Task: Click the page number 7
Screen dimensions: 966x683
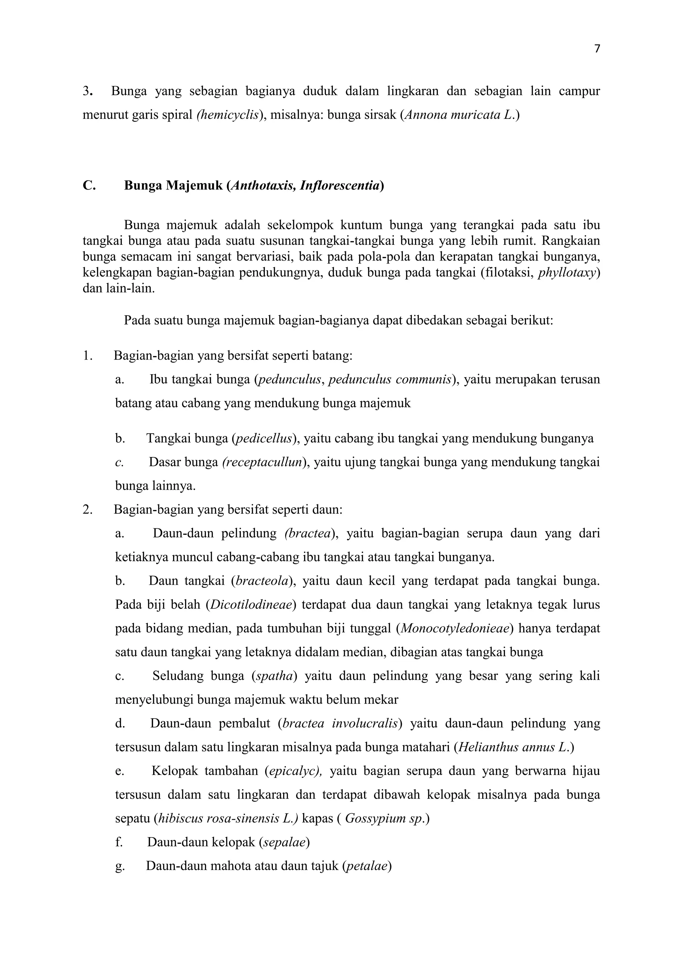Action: (597, 49)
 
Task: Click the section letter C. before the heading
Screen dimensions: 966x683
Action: (89, 185)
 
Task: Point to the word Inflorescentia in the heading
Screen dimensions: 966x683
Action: (340, 185)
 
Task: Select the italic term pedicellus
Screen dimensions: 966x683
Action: (264, 439)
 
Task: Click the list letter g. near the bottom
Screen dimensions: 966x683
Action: (119, 866)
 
